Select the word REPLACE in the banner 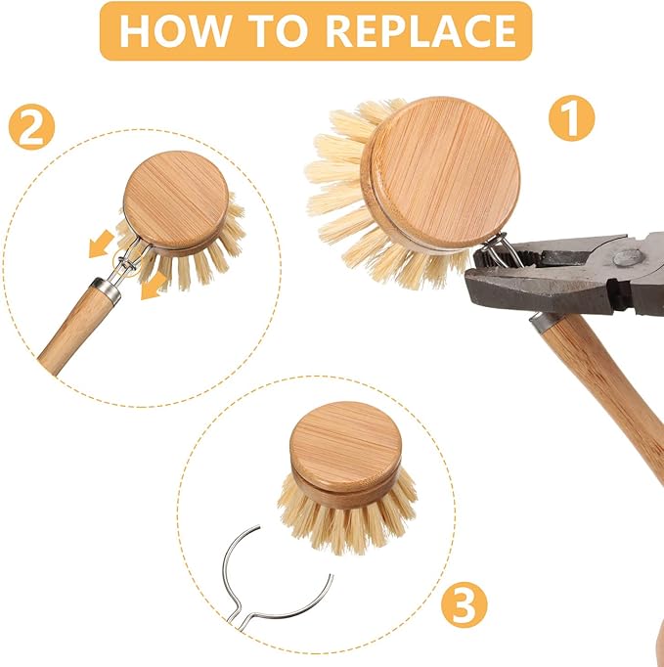[421, 30]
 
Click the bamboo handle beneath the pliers [606, 391]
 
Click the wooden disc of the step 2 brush [177, 200]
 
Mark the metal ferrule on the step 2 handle [106, 292]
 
